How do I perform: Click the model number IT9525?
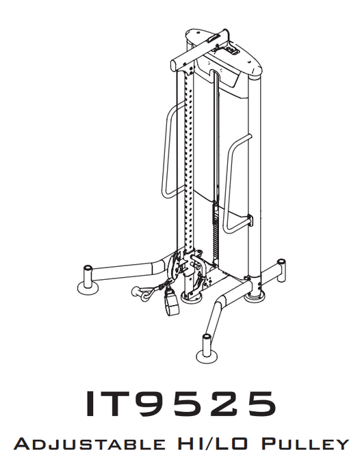181,404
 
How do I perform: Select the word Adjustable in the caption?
89,443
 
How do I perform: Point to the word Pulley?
305,443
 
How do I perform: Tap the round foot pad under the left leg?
88,288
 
